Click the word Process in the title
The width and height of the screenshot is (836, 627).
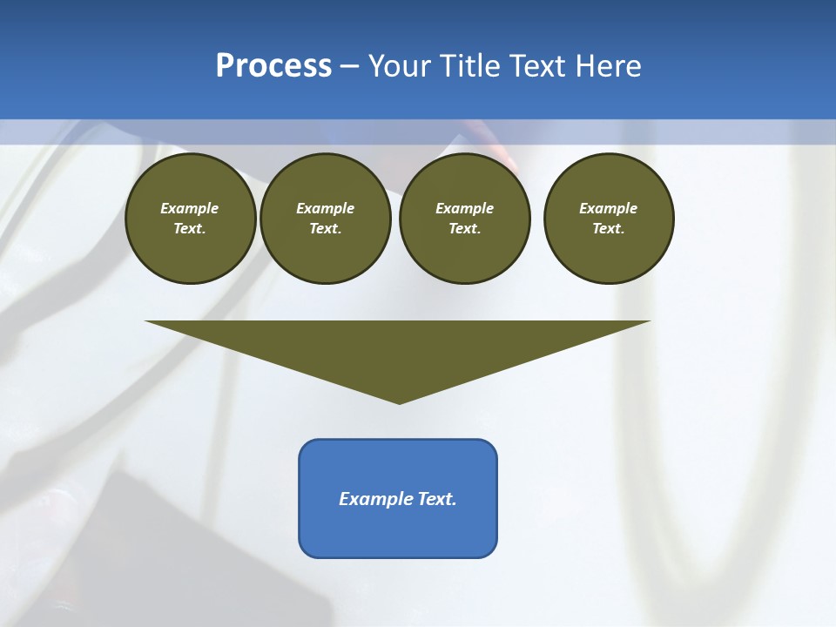point(273,66)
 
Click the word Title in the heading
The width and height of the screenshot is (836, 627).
point(469,66)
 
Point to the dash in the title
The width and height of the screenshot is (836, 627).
point(349,67)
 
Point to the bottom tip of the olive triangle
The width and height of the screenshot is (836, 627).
point(399,401)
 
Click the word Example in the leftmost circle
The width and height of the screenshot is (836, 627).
point(190,208)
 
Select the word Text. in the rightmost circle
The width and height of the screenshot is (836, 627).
point(609,228)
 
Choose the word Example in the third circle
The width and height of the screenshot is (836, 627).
point(465,208)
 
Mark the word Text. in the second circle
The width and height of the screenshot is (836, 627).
point(326,228)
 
